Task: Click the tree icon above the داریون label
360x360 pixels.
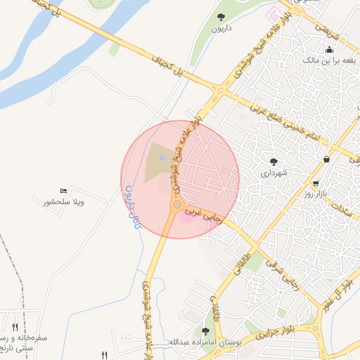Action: (x=221, y=16)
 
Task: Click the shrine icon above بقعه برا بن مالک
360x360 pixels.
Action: (x=328, y=49)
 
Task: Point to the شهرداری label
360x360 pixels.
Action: (x=274, y=173)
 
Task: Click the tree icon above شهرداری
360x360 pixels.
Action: (x=274, y=161)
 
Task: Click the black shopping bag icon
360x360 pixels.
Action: (x=327, y=160)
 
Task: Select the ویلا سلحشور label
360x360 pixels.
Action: (x=63, y=202)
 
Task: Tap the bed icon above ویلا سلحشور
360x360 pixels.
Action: (x=63, y=191)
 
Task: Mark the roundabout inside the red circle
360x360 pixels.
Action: (x=176, y=205)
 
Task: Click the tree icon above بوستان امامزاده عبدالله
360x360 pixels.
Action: (x=205, y=330)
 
